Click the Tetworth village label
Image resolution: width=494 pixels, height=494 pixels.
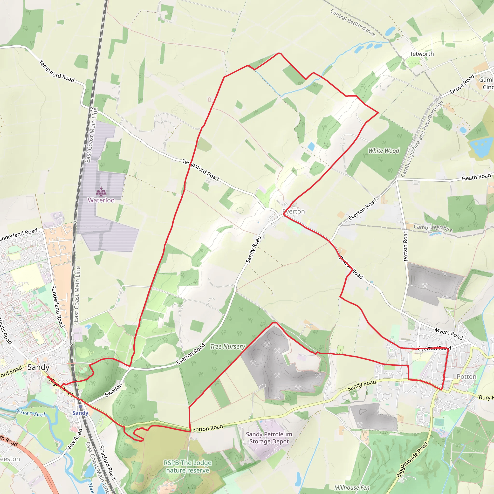(x=422, y=54)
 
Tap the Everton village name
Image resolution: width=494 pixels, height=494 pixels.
(x=294, y=212)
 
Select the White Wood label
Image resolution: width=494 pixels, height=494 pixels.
(x=384, y=151)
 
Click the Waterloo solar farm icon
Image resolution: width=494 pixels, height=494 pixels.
(x=101, y=191)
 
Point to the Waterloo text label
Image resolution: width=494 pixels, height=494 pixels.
(x=101, y=200)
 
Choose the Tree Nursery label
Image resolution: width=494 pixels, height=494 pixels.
(x=227, y=346)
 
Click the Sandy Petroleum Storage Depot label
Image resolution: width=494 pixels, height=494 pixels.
(x=269, y=438)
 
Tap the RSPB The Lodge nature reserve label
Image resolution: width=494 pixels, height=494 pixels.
(x=188, y=467)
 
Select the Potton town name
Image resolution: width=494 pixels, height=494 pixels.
(x=467, y=377)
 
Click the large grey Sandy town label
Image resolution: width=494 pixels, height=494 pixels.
(x=38, y=367)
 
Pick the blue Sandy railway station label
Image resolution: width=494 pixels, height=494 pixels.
(x=80, y=413)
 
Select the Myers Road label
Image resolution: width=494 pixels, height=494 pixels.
(x=449, y=334)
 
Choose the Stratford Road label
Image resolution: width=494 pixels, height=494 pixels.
(x=107, y=462)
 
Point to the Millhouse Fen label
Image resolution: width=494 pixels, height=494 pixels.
(x=352, y=487)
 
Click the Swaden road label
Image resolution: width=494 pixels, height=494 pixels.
(x=114, y=390)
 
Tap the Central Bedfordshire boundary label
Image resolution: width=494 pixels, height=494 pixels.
(x=353, y=23)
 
